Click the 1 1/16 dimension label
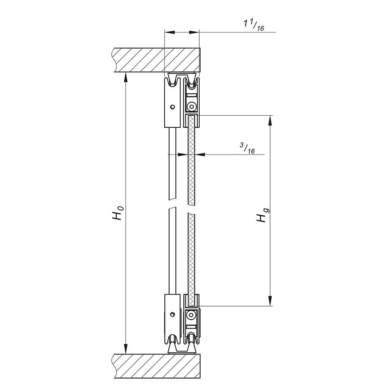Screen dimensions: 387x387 253,26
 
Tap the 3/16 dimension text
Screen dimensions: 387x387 247,148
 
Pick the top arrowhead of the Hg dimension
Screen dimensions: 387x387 270,120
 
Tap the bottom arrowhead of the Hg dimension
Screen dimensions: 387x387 270,301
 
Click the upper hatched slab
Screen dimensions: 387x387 155,60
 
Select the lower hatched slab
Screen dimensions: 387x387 155,366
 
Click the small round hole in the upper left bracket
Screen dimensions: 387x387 173,106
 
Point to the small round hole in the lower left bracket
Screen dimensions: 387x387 173,314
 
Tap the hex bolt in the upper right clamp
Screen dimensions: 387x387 192,106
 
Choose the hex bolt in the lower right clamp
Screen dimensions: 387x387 192,316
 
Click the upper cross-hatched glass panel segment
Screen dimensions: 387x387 192,163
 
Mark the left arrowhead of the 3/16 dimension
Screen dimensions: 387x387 182,154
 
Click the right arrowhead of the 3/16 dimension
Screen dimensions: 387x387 200,154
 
